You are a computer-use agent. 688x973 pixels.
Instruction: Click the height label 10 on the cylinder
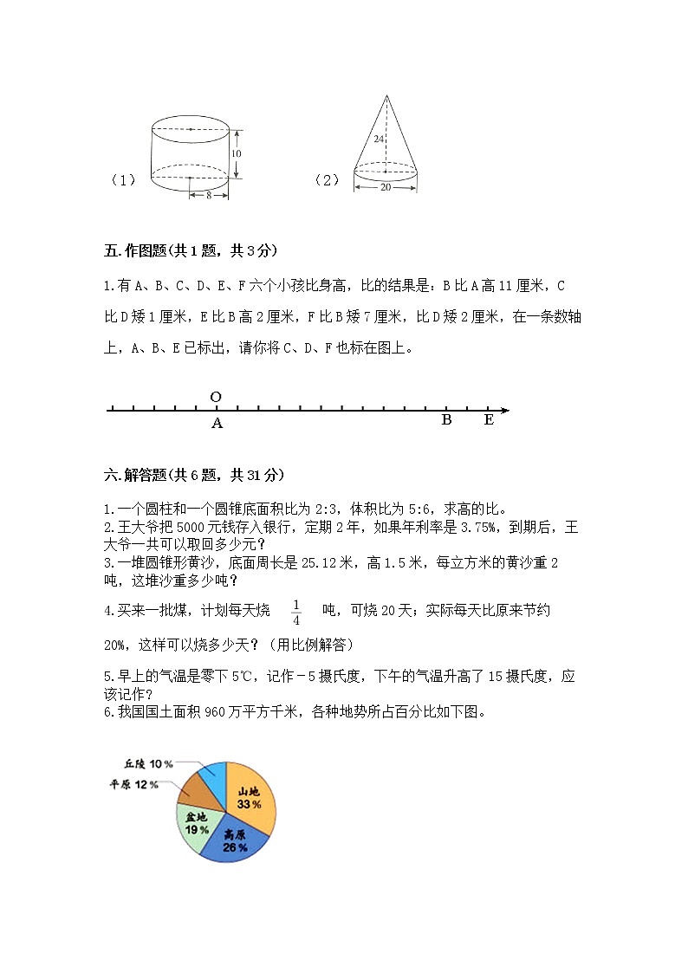tap(236, 153)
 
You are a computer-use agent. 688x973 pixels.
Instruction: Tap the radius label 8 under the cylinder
tap(209, 196)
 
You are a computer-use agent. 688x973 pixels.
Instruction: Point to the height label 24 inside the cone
tap(379, 139)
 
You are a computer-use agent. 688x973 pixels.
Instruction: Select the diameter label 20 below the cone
tap(386, 188)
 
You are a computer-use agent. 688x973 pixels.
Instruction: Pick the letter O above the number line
tap(216, 397)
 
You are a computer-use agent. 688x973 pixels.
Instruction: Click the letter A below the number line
tap(217, 424)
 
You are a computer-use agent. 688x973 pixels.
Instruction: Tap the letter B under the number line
tap(446, 420)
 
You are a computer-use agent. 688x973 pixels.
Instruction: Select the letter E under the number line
tap(489, 420)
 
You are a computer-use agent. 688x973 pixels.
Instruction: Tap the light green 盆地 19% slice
tap(195, 823)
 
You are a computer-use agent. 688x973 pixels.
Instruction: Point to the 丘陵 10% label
tap(148, 763)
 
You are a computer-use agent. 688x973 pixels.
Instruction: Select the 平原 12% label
tap(133, 785)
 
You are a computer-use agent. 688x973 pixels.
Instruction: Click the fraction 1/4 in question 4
tap(295, 612)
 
